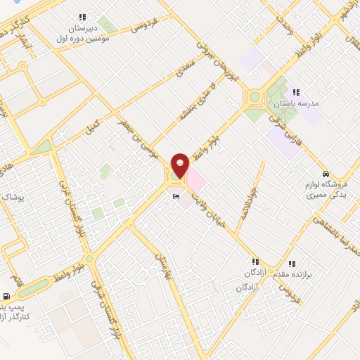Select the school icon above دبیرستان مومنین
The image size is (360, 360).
pyautogui.click(x=83, y=16)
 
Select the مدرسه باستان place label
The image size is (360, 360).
pyautogui.click(x=300, y=103)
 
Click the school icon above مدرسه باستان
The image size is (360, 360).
pyautogui.click(x=296, y=92)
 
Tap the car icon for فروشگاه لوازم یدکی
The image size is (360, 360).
pyautogui.click(x=326, y=173)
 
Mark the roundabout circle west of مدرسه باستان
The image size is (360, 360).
pyautogui.click(x=254, y=98)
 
